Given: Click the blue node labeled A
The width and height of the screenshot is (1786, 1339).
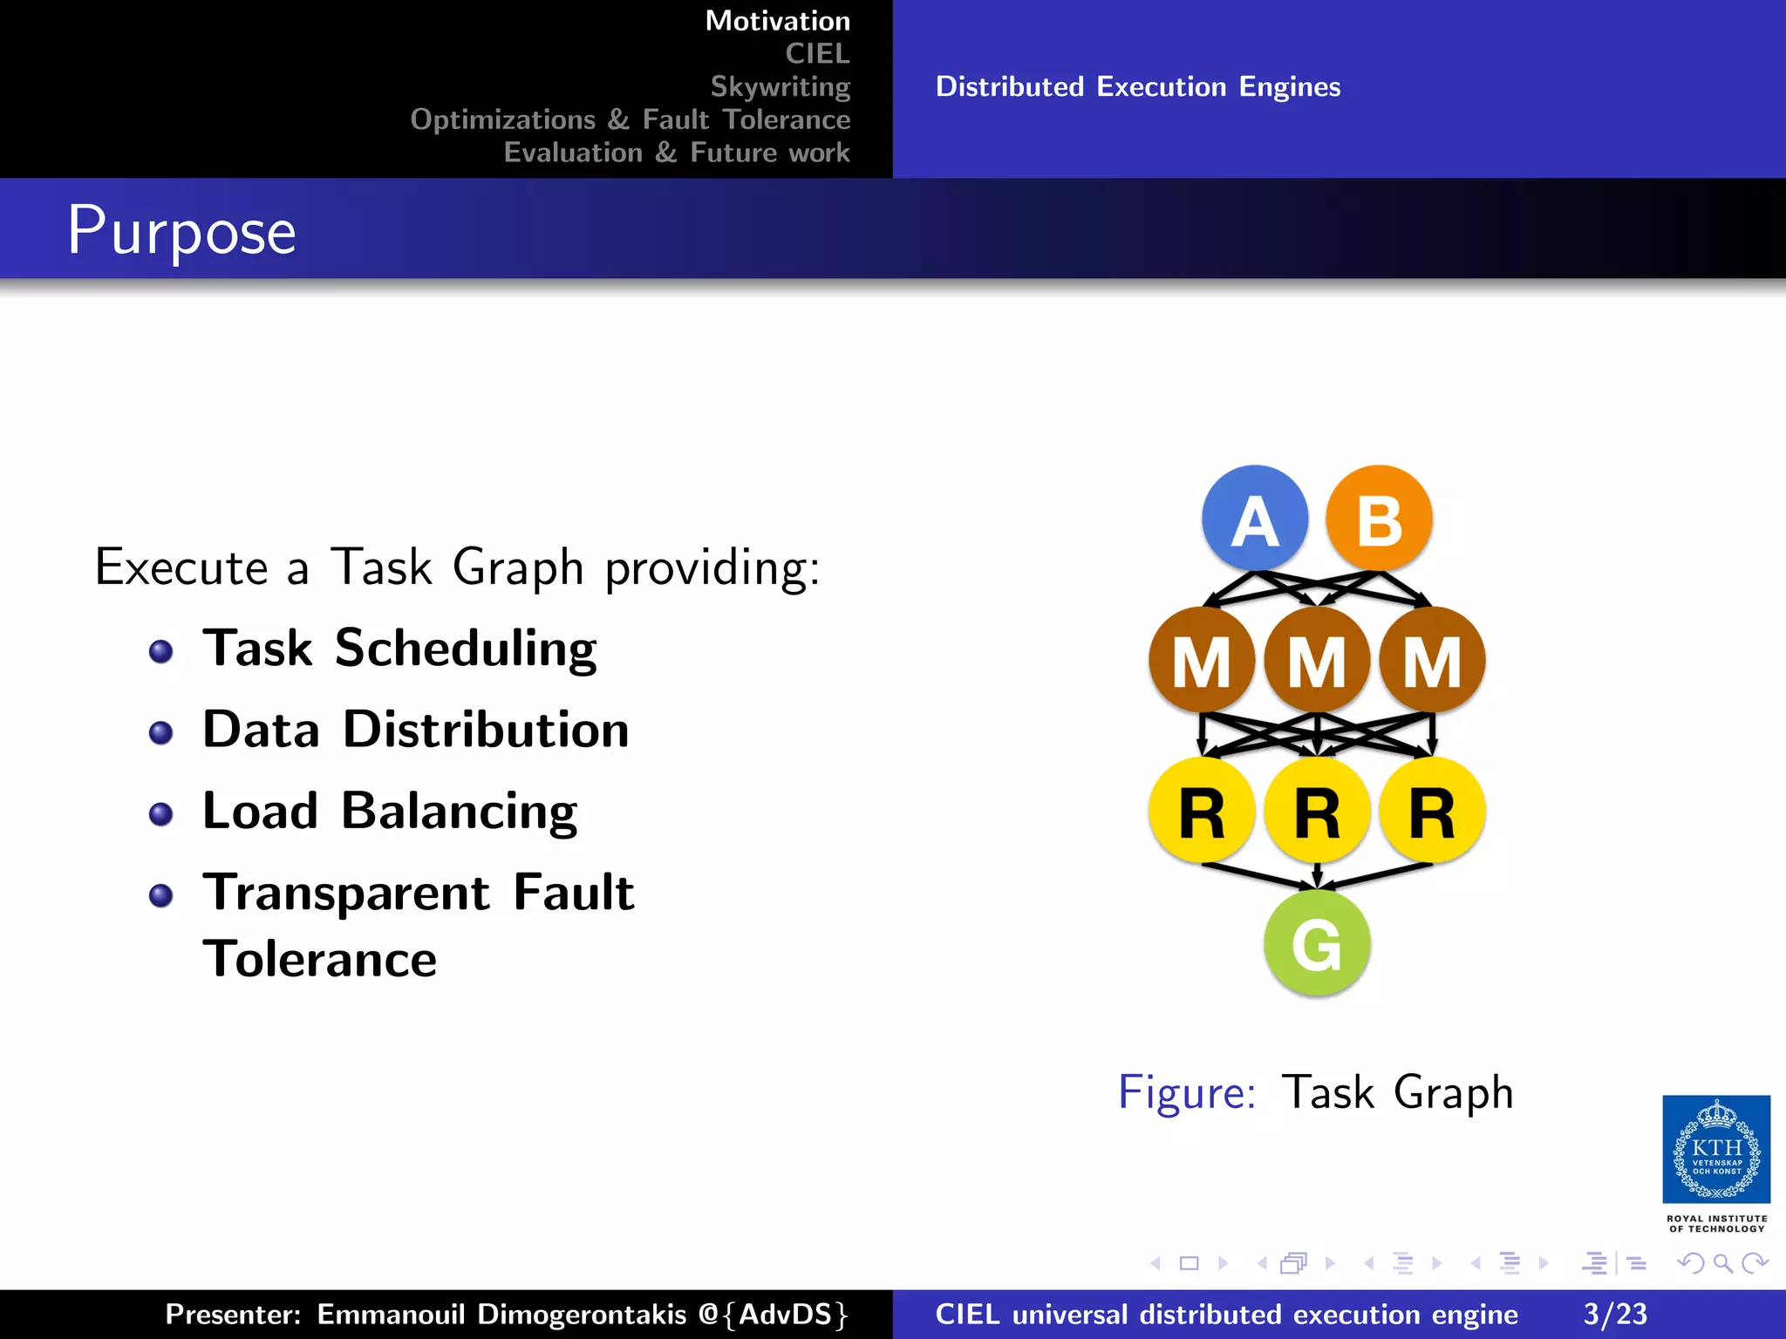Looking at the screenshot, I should coord(1255,519).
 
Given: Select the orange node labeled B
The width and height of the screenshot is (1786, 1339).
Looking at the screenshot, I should coord(1379,519).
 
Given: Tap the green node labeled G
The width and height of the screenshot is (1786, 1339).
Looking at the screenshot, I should coord(1317,943).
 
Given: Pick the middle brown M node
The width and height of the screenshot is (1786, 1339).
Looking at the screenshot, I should coord(1317,661).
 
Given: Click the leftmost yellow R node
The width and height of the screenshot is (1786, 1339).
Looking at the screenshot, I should coord(1202,811).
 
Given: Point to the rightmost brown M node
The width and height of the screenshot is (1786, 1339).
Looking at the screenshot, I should coord(1432,661).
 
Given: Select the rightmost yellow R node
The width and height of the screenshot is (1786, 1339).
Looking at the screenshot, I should coord(1432,811).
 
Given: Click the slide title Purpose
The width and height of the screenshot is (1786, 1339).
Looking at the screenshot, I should coord(182,231).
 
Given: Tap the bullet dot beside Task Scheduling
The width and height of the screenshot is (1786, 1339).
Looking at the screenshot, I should coord(160,651).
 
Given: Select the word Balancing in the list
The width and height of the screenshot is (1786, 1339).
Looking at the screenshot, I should coord(459,811).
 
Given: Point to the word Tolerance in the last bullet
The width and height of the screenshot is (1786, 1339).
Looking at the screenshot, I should coord(319,959).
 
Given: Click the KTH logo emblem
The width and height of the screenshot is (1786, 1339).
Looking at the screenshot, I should coord(1716,1150).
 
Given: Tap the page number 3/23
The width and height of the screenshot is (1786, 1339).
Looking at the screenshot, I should coord(1615,1314).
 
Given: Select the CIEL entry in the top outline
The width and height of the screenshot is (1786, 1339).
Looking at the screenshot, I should coord(817,53).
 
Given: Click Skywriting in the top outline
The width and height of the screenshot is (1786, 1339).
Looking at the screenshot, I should coord(780,86).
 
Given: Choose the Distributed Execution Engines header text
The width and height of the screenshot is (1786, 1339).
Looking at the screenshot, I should coord(1138,86).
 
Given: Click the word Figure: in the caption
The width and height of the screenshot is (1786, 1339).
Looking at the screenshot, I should coord(1187,1091).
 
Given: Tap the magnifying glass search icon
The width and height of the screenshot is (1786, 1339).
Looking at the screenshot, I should coord(1722,1262).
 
